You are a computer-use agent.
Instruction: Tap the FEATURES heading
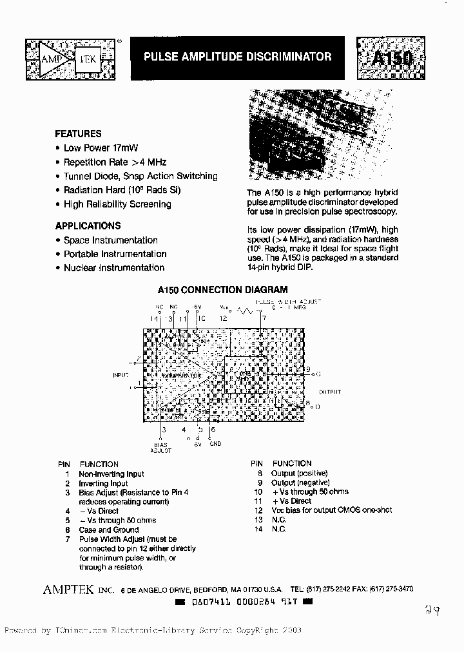[x=78, y=134]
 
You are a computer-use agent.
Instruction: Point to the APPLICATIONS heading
[x=88, y=226]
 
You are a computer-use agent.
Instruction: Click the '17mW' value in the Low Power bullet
[x=126, y=148]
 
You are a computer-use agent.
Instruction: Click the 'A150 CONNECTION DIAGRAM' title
[x=222, y=290]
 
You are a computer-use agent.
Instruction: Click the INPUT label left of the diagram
[x=121, y=374]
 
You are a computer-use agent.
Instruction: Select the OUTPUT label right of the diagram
[x=329, y=392]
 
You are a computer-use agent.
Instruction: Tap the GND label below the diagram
[x=215, y=443]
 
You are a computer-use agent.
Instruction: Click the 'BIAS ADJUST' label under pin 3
[x=160, y=447]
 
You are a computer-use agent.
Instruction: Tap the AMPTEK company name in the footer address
[x=68, y=589]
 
